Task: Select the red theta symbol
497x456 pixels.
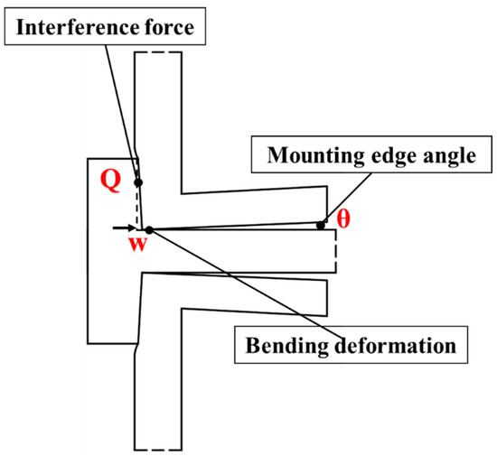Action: pyautogui.click(x=343, y=219)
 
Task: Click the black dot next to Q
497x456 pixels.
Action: pyautogui.click(x=138, y=183)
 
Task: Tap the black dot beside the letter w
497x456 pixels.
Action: pyautogui.click(x=149, y=230)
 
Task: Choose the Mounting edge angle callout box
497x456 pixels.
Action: pyautogui.click(x=370, y=156)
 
